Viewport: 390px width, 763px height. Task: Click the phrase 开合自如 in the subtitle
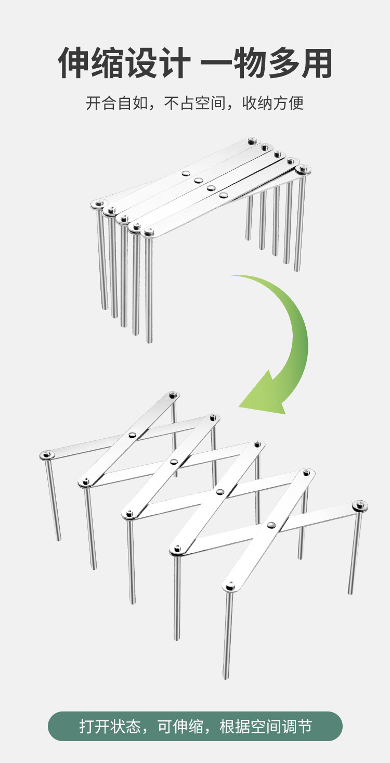pyautogui.click(x=116, y=103)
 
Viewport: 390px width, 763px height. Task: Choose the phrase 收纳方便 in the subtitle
pyautogui.click(x=273, y=103)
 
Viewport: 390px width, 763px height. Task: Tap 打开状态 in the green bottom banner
pyautogui.click(x=110, y=726)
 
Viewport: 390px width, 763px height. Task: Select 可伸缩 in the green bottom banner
pyautogui.click(x=181, y=726)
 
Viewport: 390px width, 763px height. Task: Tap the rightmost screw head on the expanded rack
pyautogui.click(x=360, y=505)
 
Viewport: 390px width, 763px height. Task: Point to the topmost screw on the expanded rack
pyautogui.click(x=173, y=395)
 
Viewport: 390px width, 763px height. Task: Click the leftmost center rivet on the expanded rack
pyautogui.click(x=133, y=435)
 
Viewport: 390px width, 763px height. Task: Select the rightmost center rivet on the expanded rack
pyautogui.click(x=271, y=525)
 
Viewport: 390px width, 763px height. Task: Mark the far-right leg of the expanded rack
pyautogui.click(x=355, y=552)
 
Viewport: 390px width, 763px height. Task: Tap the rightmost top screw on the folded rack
pyautogui.click(x=303, y=169)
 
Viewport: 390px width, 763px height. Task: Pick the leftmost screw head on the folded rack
pyautogui.click(x=98, y=204)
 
